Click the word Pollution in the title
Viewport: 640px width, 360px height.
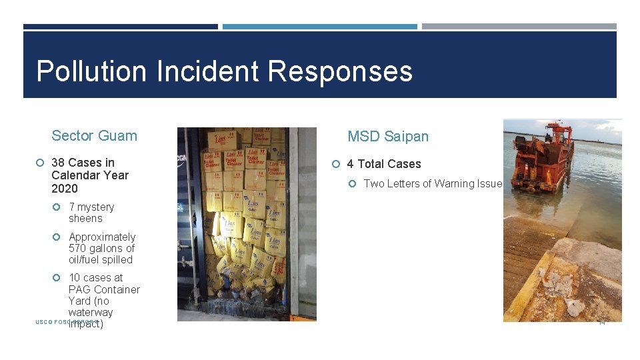(92, 71)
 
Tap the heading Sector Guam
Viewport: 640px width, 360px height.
(94, 136)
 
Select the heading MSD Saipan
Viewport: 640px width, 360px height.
(388, 137)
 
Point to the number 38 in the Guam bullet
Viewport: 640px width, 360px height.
(58, 163)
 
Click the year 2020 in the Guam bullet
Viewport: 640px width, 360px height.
(64, 188)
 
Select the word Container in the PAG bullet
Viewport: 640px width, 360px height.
(117, 289)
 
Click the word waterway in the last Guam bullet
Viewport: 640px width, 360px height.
(91, 312)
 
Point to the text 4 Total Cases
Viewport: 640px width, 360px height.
(384, 164)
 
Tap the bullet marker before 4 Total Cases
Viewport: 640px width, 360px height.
(337, 164)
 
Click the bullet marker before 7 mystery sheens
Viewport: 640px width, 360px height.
(59, 207)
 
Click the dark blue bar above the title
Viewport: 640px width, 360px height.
(120, 27)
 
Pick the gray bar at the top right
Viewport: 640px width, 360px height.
(519, 27)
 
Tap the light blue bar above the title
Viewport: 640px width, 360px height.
(319, 27)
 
